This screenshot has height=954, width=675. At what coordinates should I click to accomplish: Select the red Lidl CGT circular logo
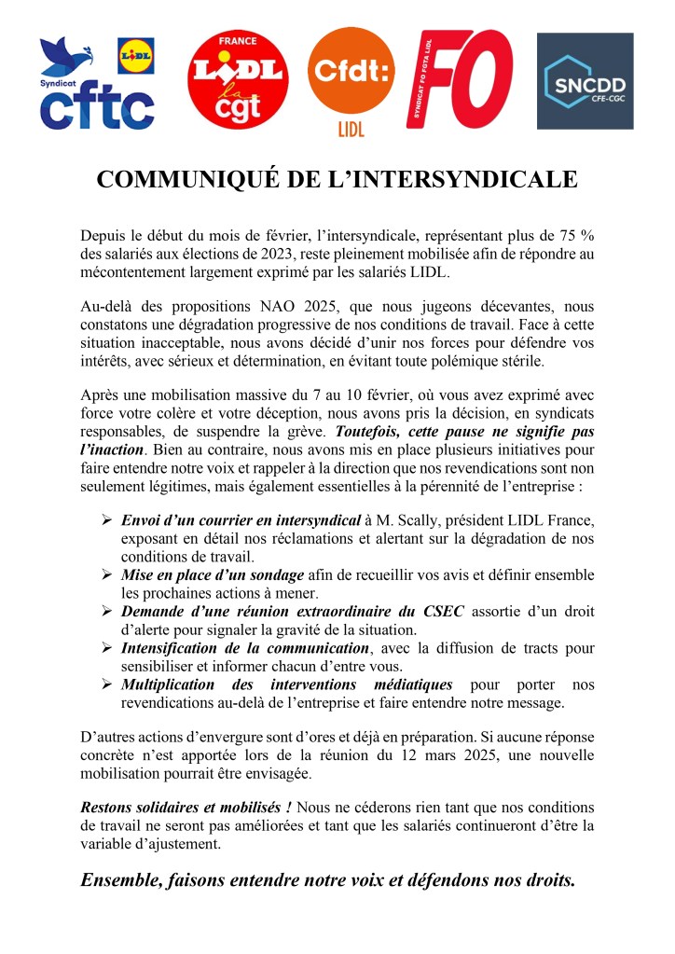click(x=237, y=82)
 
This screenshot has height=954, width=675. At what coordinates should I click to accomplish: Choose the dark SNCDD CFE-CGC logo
click(x=585, y=81)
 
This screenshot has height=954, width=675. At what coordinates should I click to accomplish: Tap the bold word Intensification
click(x=176, y=647)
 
